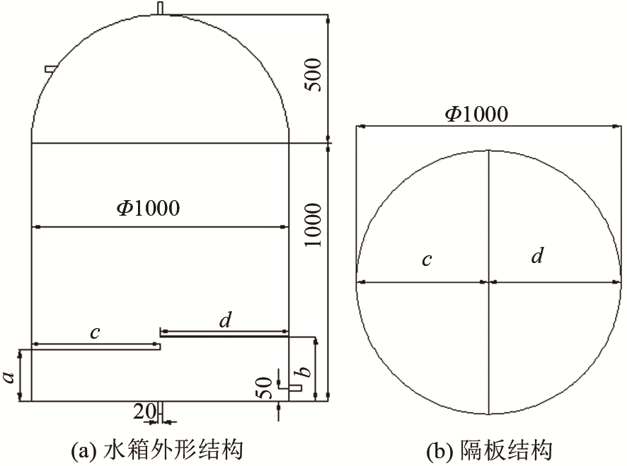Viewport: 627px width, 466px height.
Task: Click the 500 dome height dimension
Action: (x=313, y=75)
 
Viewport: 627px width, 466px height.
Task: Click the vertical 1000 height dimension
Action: (x=313, y=225)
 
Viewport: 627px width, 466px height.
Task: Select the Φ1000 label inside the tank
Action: (x=149, y=208)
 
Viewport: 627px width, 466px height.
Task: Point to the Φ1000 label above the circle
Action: (x=477, y=114)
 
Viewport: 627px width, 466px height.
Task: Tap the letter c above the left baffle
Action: (x=95, y=332)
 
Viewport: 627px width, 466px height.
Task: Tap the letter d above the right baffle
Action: (x=226, y=320)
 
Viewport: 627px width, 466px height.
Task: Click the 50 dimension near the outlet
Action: (x=263, y=388)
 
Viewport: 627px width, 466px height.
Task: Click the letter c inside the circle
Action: (x=427, y=260)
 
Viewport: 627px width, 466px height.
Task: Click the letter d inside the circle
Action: (x=537, y=255)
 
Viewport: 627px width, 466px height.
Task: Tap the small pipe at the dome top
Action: (x=160, y=8)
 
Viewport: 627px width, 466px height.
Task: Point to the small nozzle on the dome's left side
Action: (x=50, y=69)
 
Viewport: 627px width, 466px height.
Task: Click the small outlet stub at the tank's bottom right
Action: (x=295, y=388)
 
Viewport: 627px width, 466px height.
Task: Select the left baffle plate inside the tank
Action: (x=96, y=347)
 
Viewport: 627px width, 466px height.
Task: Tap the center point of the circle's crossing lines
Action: (x=489, y=282)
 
